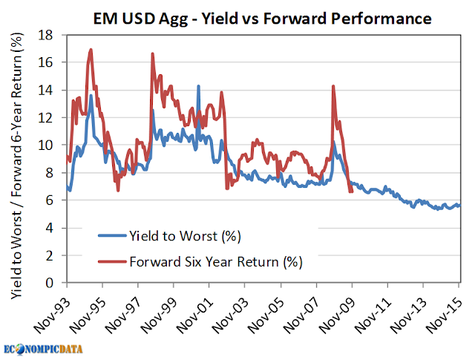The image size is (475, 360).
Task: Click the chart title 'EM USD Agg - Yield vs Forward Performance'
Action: (x=262, y=18)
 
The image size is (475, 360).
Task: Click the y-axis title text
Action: (x=16, y=166)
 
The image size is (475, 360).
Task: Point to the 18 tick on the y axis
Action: (x=45, y=35)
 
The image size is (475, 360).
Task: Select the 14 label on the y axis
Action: (x=45, y=91)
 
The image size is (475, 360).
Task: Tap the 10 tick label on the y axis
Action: (x=45, y=145)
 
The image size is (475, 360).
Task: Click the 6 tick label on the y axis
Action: (x=49, y=200)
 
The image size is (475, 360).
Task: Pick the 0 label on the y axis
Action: (x=49, y=283)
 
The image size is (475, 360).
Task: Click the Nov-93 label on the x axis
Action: (x=51, y=315)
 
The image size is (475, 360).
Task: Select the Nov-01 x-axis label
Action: (x=194, y=315)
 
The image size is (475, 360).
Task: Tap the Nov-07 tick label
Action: (x=301, y=315)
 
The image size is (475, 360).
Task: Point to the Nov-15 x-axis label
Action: (x=444, y=315)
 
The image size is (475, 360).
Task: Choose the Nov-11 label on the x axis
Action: (x=373, y=315)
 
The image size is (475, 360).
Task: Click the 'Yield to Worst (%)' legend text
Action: (x=185, y=236)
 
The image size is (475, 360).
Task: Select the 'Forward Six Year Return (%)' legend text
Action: (x=216, y=262)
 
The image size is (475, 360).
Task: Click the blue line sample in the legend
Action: (x=112, y=235)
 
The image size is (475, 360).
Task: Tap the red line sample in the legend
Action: (x=112, y=261)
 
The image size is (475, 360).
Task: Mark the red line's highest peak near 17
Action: (x=91, y=50)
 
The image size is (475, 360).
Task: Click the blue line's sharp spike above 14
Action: (x=198, y=86)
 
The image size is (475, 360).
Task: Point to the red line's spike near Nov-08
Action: (x=333, y=86)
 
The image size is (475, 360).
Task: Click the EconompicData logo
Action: (x=43, y=349)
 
